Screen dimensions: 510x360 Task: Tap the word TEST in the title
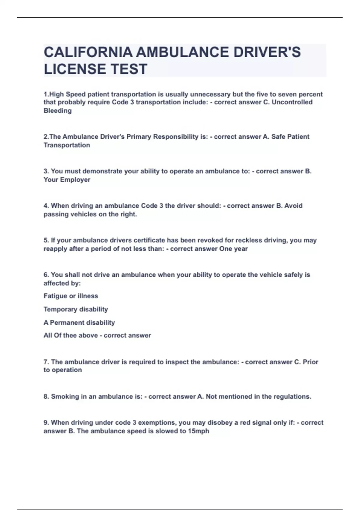[129, 69]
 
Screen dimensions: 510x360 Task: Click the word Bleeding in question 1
[58, 111]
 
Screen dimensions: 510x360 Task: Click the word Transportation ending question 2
[67, 145]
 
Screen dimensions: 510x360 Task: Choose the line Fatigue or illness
[71, 296]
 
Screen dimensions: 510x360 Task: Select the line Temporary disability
[76, 309]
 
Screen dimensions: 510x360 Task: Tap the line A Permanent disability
[79, 322]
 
